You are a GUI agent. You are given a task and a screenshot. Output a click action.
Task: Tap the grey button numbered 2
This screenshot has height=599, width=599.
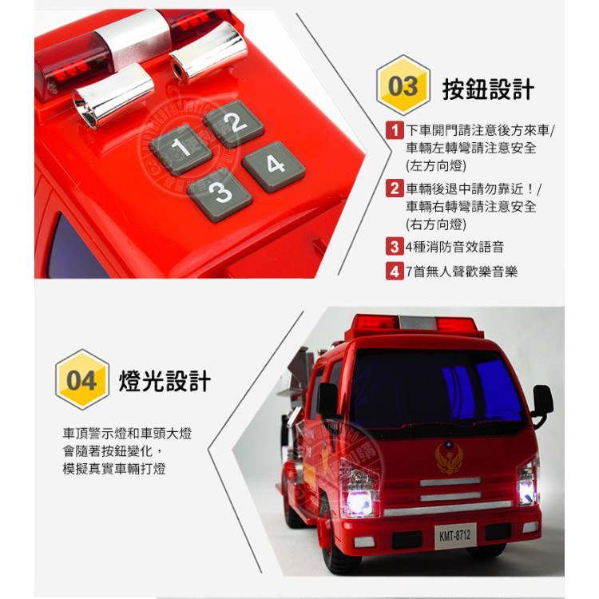[233, 123]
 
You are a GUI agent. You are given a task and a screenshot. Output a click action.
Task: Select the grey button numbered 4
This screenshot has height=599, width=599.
[274, 166]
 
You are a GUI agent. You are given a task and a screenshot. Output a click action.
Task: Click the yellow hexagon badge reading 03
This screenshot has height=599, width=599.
[403, 86]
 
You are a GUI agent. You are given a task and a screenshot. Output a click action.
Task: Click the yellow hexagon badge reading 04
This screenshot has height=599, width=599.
[81, 380]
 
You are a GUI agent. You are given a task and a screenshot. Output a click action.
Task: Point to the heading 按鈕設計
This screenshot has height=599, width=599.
[488, 89]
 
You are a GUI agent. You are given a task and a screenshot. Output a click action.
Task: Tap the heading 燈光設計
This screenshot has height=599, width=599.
[165, 381]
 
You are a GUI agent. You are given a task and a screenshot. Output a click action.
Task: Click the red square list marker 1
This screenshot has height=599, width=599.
[394, 131]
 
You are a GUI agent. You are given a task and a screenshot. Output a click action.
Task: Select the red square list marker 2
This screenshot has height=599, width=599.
[394, 189]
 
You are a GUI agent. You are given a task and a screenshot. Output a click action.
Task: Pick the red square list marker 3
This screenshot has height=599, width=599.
[394, 247]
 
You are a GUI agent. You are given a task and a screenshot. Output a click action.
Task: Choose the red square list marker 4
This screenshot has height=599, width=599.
[394, 272]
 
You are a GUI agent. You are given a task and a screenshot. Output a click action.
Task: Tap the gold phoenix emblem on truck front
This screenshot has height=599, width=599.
[448, 458]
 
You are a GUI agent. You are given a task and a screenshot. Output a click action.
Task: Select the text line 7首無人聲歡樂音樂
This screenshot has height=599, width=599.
[461, 272]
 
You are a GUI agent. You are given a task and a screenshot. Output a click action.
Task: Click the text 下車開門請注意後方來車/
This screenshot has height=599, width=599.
[480, 131]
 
